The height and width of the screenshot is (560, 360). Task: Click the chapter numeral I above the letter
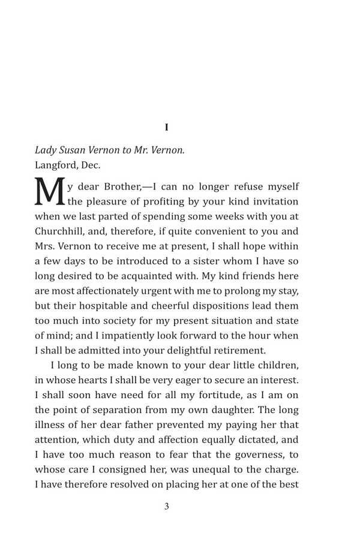pos(166,127)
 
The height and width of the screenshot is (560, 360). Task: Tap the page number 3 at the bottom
pos(166,506)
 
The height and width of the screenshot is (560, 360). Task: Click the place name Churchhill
pos(61,231)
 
